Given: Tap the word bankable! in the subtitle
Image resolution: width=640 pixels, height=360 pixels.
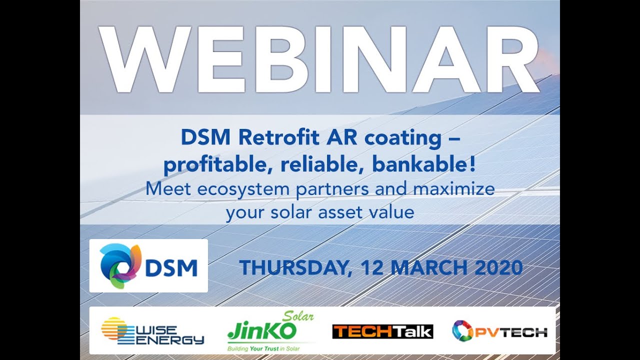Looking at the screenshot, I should (424, 165).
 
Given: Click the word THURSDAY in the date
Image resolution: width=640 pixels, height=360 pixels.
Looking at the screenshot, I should (292, 268).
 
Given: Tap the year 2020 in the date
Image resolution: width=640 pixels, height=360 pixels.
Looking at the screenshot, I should (498, 268).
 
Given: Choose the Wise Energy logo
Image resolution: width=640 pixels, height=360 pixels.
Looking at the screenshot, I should (152, 331).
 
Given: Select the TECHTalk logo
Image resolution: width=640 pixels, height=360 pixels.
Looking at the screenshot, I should (382, 331).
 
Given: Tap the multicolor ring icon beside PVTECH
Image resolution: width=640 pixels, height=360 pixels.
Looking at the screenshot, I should (461, 331).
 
